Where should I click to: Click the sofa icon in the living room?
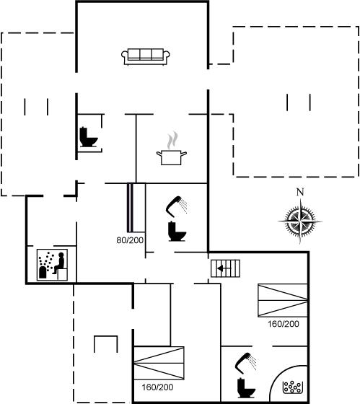coord(145,56)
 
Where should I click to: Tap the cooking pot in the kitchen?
coord(172,157)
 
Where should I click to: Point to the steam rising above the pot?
coord(172,141)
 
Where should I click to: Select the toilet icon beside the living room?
coord(89,137)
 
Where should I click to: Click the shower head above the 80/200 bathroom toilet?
coord(177,206)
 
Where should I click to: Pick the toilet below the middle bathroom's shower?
coord(177,231)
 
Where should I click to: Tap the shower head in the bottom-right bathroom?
coord(246,363)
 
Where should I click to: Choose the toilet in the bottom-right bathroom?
coord(246,388)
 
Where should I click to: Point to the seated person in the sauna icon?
coord(60,263)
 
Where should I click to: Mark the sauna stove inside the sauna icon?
coord(43,273)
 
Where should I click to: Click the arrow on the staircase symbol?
coord(224,268)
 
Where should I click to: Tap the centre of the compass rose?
coord(300,221)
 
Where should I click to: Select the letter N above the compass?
coord(300,192)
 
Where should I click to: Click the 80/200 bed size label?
coord(130,240)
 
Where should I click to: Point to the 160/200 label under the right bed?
coord(284,324)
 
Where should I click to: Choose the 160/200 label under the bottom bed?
coord(157,387)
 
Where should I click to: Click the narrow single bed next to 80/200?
coord(136,208)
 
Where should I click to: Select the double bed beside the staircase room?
coord(283,300)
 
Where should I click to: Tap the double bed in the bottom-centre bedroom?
coord(159,363)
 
